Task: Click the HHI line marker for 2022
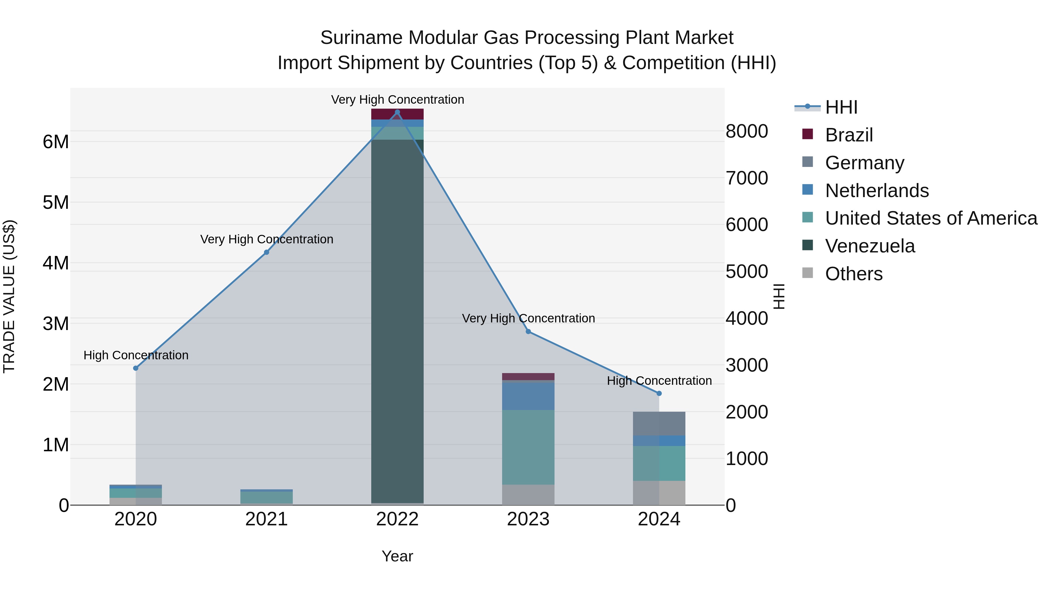click(x=397, y=112)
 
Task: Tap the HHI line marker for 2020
click(x=136, y=368)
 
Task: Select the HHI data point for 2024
click(x=659, y=393)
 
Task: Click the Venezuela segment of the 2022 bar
click(x=397, y=319)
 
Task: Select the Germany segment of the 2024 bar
click(x=659, y=423)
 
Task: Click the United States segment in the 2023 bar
click(x=528, y=447)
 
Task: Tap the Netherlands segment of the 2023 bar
click(x=528, y=396)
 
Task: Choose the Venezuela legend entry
click(x=870, y=246)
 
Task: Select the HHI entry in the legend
click(x=841, y=107)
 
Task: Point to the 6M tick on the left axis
click(x=56, y=142)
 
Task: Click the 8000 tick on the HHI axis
click(x=747, y=131)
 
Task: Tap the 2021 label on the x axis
click(x=266, y=519)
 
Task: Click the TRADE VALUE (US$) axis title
click(x=9, y=296)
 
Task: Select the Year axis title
click(x=397, y=556)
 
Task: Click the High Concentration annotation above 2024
click(x=659, y=381)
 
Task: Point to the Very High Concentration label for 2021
click(x=266, y=239)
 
